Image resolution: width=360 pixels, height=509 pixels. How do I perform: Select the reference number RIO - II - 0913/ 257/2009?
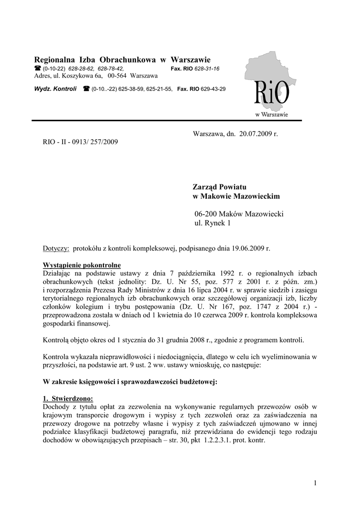tap(81, 142)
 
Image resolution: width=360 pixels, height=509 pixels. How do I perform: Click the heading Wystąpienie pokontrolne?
tap(82, 265)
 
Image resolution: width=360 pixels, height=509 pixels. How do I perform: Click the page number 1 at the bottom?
tap(315, 483)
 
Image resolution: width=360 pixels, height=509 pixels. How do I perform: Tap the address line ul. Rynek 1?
tap(213, 223)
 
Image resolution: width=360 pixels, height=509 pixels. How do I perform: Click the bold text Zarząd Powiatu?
tap(219, 187)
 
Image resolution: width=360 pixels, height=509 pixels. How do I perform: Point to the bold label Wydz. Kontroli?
tap(55, 89)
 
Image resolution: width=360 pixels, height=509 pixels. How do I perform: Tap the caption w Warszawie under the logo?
tap(271, 115)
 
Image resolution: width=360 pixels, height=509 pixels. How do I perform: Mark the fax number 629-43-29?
tap(213, 89)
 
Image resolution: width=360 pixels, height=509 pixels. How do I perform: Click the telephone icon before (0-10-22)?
tap(37, 69)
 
